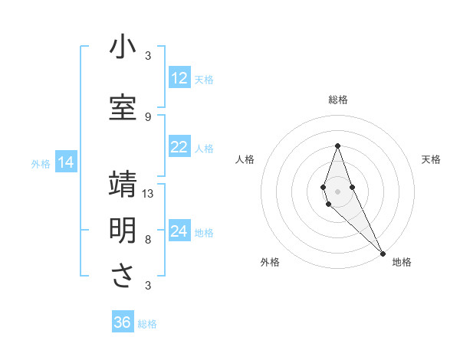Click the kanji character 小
click(x=123, y=48)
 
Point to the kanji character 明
click(x=123, y=231)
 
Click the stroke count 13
click(x=148, y=194)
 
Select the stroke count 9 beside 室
click(x=148, y=117)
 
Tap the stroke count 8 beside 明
click(x=148, y=239)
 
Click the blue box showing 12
click(x=179, y=78)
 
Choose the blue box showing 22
click(x=179, y=147)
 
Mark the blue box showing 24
click(x=179, y=231)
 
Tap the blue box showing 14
click(x=65, y=162)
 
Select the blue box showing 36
click(x=123, y=322)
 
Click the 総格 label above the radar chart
click(x=338, y=100)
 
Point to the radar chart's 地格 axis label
click(x=402, y=262)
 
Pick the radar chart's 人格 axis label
click(x=245, y=159)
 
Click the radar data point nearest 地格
click(x=383, y=253)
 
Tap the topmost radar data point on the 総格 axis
click(x=337, y=146)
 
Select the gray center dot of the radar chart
click(x=337, y=191)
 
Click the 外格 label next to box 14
click(x=41, y=163)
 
